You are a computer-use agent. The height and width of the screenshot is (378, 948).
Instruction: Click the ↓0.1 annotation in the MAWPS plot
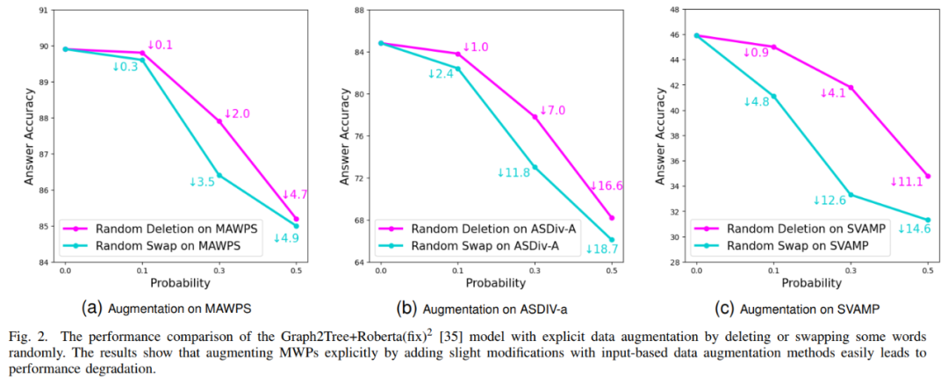160,45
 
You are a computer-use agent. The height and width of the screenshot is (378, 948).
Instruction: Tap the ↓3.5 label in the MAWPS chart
202,182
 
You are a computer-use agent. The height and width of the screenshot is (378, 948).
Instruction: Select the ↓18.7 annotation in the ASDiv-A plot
601,250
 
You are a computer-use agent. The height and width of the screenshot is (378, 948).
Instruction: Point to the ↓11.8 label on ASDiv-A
513,173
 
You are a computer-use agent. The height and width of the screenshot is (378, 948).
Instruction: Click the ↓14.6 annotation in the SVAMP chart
913,229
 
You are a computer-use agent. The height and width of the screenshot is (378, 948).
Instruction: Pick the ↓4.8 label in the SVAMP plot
757,102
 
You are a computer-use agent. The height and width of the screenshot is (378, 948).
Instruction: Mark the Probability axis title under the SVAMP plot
813,283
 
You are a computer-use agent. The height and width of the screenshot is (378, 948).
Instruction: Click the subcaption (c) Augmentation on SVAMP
797,309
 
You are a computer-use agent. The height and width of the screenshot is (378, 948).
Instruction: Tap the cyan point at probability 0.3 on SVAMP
851,194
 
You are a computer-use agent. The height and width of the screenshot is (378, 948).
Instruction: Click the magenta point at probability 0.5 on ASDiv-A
612,218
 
